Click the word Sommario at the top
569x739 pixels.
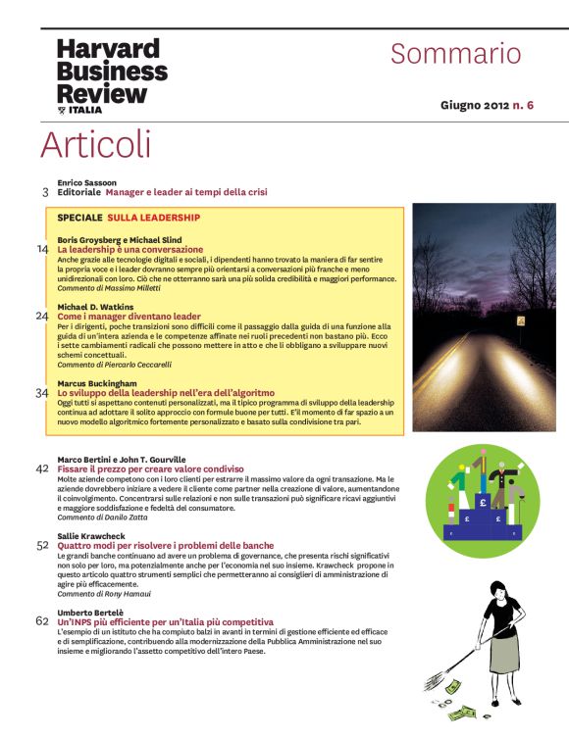click(x=455, y=53)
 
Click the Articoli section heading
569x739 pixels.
click(x=95, y=144)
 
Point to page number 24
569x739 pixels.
click(x=42, y=317)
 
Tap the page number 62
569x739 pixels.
click(x=42, y=620)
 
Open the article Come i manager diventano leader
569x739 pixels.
click(x=129, y=317)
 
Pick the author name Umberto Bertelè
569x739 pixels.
click(x=88, y=612)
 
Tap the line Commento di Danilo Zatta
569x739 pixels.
click(x=101, y=517)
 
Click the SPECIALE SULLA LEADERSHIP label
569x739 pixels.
click(x=129, y=218)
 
